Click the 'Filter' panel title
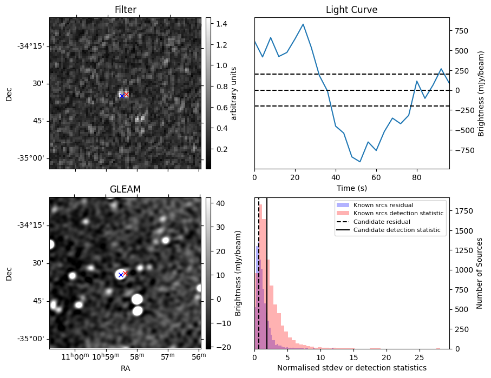(125, 10)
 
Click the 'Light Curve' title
(351, 10)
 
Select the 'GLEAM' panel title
(125, 189)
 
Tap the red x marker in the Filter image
(126, 94)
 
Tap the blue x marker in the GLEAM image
(121, 275)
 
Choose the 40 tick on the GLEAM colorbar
(219, 204)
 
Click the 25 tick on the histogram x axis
(419, 357)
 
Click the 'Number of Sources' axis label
(480, 274)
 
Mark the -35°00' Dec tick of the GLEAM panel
(31, 339)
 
